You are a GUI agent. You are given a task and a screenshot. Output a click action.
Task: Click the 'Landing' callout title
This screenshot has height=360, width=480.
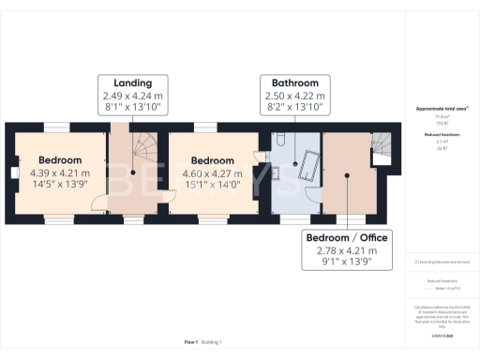point(133,82)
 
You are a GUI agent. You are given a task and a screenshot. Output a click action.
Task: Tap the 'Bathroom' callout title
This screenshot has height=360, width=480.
point(295,82)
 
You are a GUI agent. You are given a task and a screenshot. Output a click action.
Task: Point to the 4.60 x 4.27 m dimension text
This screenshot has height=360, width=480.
point(213,173)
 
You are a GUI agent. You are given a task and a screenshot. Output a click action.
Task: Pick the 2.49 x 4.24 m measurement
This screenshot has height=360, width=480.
point(133,95)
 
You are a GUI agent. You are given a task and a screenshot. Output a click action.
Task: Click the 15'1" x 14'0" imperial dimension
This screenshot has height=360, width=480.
point(213,186)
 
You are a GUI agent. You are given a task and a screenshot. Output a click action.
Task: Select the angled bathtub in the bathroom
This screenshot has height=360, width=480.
point(306,168)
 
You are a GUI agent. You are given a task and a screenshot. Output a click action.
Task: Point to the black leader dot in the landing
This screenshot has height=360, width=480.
point(133,172)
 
